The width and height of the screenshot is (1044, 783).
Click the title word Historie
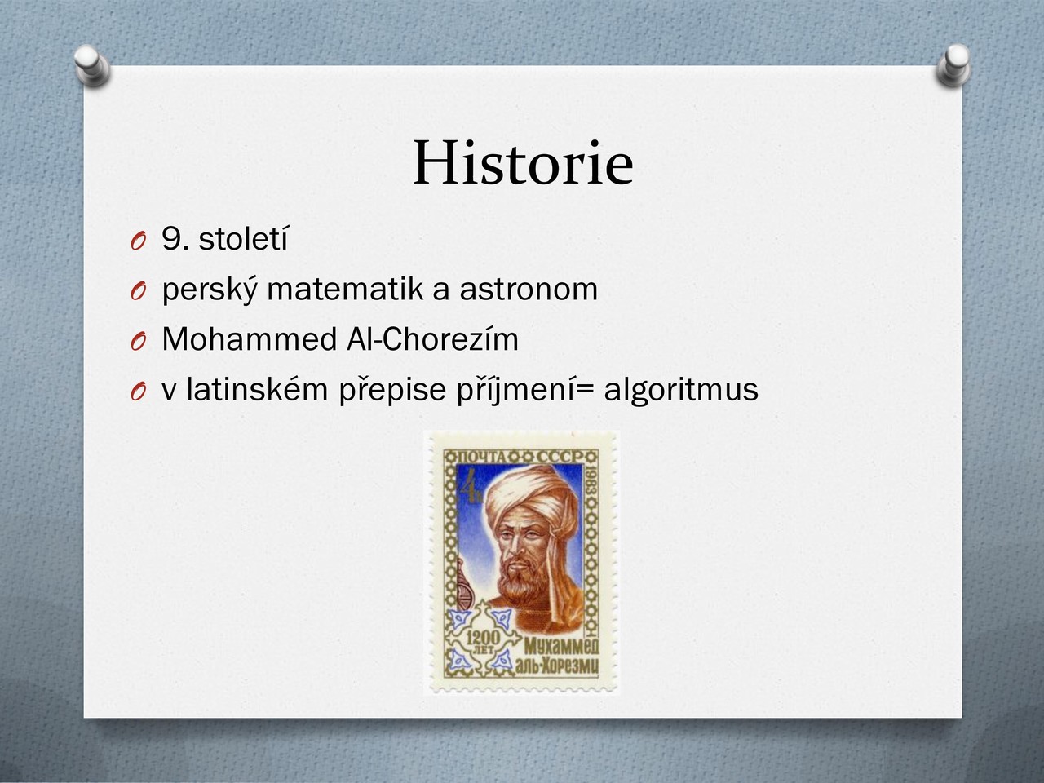[x=523, y=162]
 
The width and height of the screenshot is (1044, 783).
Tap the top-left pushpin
[x=92, y=65]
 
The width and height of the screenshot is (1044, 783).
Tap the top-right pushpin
[x=953, y=65]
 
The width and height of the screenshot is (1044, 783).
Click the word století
[x=243, y=239]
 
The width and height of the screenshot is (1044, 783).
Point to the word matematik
[x=344, y=289]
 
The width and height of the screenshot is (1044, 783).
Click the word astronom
[x=529, y=290]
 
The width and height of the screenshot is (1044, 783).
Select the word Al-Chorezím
[x=432, y=339]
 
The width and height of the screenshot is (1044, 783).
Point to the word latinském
[x=257, y=389]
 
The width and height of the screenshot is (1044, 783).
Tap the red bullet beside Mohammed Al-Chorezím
[x=138, y=342]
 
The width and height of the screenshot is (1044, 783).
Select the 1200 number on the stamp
[x=483, y=637]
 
